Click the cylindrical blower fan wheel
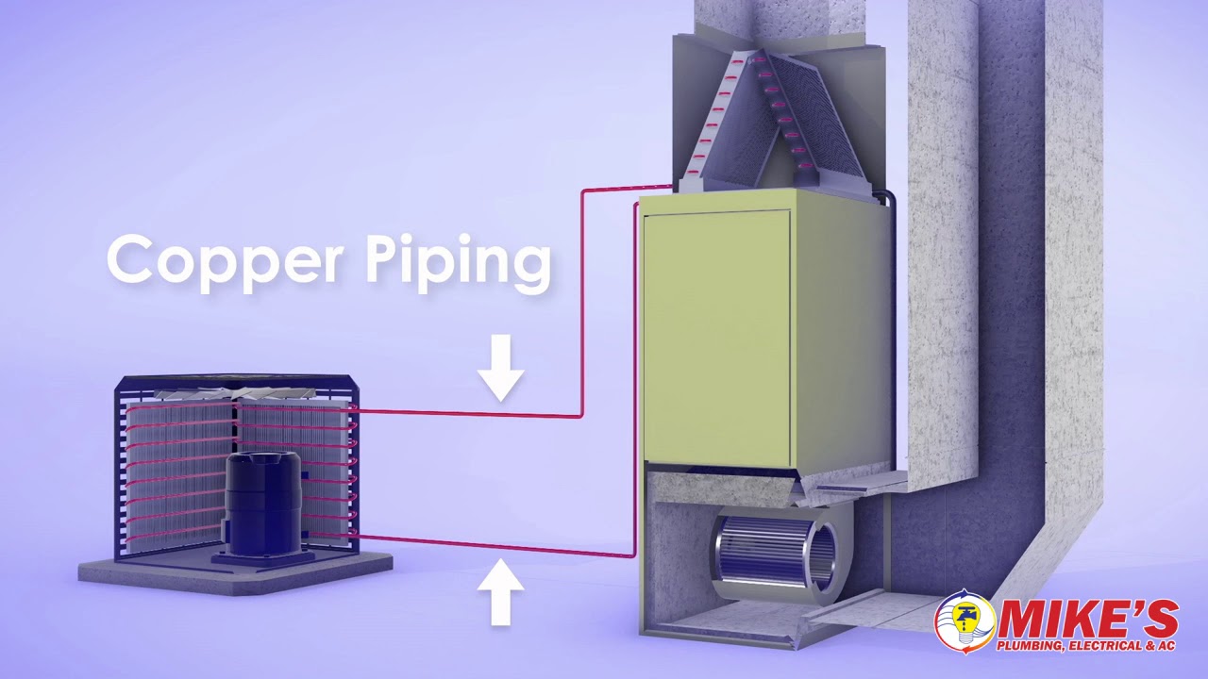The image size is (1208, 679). pos(774,552)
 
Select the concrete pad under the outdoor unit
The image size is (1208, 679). pos(236,571)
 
